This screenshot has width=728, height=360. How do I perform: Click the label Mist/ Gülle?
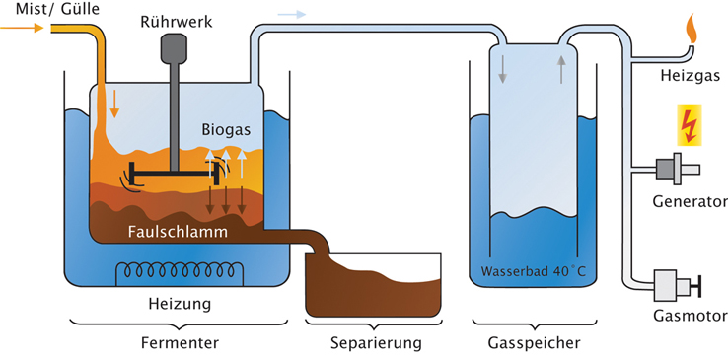click(x=57, y=8)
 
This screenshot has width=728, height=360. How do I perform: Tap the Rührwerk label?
click(x=177, y=22)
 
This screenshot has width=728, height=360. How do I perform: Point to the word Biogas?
click(x=226, y=130)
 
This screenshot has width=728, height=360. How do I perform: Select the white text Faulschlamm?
click(x=179, y=231)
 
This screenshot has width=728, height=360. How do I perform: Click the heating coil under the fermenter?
click(x=180, y=270)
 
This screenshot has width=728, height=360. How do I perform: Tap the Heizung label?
click(x=180, y=305)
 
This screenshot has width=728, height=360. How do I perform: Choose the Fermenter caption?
click(x=180, y=343)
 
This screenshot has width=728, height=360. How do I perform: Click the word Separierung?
click(x=376, y=344)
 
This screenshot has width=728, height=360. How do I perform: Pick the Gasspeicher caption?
click(x=535, y=344)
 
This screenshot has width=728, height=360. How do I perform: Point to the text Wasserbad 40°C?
click(x=534, y=270)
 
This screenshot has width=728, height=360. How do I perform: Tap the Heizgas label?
click(x=691, y=74)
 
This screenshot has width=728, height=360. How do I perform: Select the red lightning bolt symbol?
click(x=690, y=125)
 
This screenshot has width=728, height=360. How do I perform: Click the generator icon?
click(x=676, y=170)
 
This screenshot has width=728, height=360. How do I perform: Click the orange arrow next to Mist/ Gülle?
click(x=22, y=29)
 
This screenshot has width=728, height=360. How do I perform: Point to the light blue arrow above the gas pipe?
click(x=292, y=14)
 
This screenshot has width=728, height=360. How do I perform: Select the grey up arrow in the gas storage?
click(x=561, y=70)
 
